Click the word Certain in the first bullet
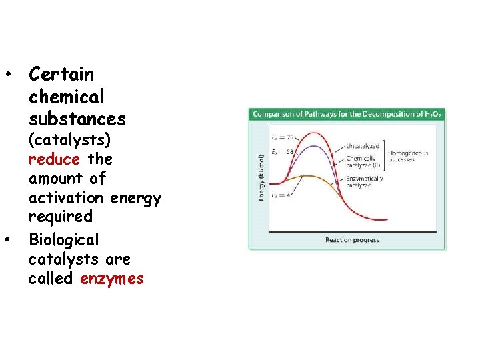pos(61,74)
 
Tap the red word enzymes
pos(111,279)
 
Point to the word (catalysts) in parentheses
pos(69,141)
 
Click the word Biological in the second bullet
pos(63,239)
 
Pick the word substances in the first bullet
pos(77,119)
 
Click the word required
pos(60,217)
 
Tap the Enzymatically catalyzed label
pos(365,181)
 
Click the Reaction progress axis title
pos(352,240)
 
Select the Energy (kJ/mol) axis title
pos(261,177)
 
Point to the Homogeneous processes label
pos(409,156)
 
